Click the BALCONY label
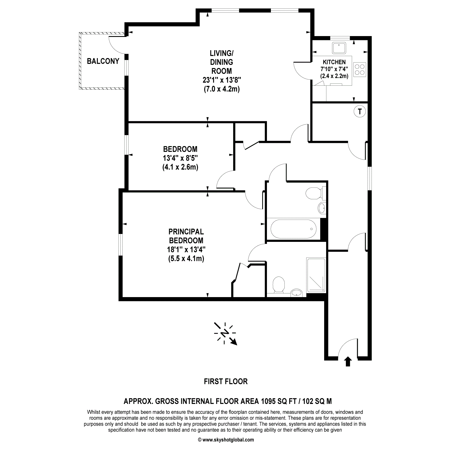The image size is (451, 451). tap(103, 61)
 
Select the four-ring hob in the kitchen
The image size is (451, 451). tap(360, 69)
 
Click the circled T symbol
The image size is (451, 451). tap(359, 111)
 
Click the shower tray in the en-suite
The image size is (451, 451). tap(316, 275)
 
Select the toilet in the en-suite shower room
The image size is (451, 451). tap(279, 285)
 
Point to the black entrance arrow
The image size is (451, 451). tap(348, 361)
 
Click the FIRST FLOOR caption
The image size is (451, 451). tap(225, 381)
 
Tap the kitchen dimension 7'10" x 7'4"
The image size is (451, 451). tap(334, 69)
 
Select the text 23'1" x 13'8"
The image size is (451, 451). tap(222, 80)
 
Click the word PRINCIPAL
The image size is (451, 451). tap(186, 232)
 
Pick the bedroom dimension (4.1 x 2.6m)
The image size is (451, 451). tap(180, 167)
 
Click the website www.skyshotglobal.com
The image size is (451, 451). tap(226, 440)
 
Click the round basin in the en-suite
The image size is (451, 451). tap(296, 293)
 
